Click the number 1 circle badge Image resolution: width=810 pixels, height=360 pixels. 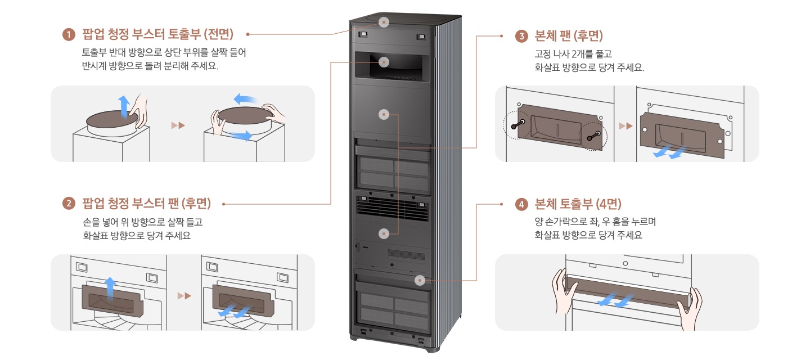pos(69,35)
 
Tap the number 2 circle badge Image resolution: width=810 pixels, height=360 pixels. pos(69,202)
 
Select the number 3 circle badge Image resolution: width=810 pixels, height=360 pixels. pos(521,37)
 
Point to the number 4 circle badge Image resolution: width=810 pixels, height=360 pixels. pos(521,204)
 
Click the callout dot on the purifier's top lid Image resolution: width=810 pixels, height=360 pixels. pos(384,22)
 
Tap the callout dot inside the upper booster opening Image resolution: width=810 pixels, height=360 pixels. pos(384,62)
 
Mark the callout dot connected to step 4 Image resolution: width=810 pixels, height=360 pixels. pos(418,280)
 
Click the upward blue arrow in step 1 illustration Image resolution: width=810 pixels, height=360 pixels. pos(123,106)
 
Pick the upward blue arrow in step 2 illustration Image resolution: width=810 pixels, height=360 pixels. pos(111,286)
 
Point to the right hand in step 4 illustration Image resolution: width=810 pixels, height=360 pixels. pos(690,309)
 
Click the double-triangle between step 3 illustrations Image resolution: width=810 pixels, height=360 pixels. pos(625,125)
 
